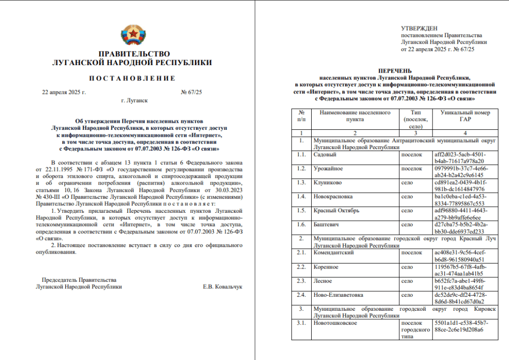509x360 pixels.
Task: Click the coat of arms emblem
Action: pyautogui.click(x=134, y=35)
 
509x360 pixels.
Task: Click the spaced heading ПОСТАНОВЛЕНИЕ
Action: pyautogui.click(x=132, y=79)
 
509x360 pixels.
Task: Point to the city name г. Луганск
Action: pyautogui.click(x=134, y=100)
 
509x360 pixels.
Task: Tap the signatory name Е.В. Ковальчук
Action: pyautogui.click(x=222, y=287)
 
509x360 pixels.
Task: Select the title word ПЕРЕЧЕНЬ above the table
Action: pyautogui.click(x=394, y=71)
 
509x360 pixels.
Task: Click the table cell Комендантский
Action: pyautogui.click(x=333, y=253)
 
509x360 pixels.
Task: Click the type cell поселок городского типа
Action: pyautogui.click(x=416, y=330)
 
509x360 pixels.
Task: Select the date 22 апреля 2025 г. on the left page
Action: pyautogui.click(x=64, y=92)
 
